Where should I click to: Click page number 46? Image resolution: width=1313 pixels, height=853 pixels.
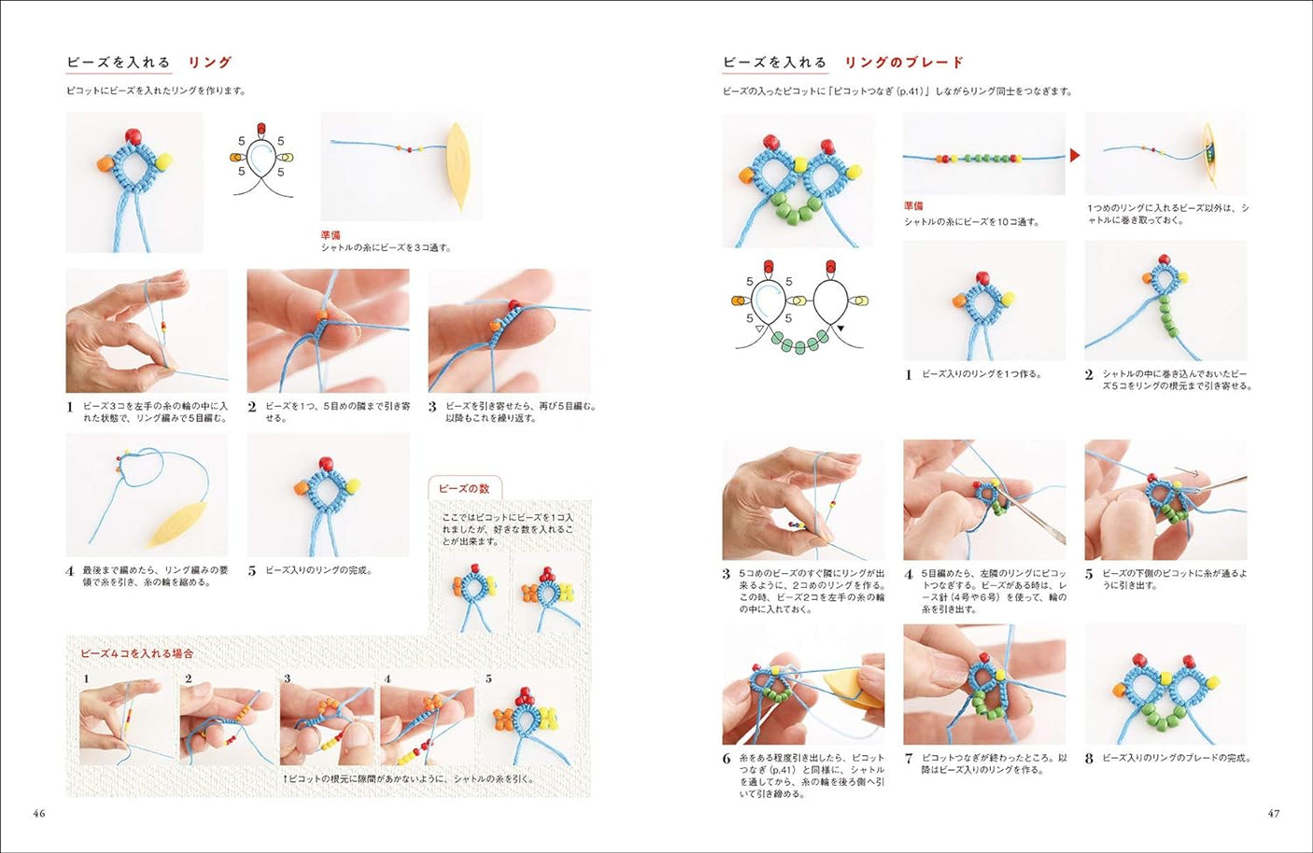[x=39, y=813]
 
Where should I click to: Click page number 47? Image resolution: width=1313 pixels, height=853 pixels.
[x=1273, y=813]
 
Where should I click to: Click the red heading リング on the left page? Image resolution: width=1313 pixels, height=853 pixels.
[x=210, y=63]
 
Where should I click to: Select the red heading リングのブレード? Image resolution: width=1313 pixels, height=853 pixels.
[x=903, y=63]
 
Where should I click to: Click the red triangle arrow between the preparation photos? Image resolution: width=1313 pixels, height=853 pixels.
[x=1075, y=155]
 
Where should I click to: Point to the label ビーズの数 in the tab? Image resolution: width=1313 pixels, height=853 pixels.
[x=464, y=489]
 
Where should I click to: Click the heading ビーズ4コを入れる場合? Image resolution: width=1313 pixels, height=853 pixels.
[x=137, y=653]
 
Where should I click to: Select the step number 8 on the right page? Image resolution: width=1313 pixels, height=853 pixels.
[x=1089, y=759]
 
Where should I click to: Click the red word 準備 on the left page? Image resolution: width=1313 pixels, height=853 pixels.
[x=331, y=235]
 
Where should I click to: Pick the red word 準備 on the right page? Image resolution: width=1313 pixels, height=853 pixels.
[x=913, y=205]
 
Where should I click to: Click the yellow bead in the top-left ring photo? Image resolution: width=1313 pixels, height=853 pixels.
[x=162, y=161]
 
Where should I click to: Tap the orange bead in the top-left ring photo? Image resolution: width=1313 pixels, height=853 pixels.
[x=105, y=164]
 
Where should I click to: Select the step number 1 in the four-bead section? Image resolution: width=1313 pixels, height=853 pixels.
[x=86, y=678]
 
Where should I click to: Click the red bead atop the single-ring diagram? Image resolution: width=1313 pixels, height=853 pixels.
[x=261, y=128]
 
